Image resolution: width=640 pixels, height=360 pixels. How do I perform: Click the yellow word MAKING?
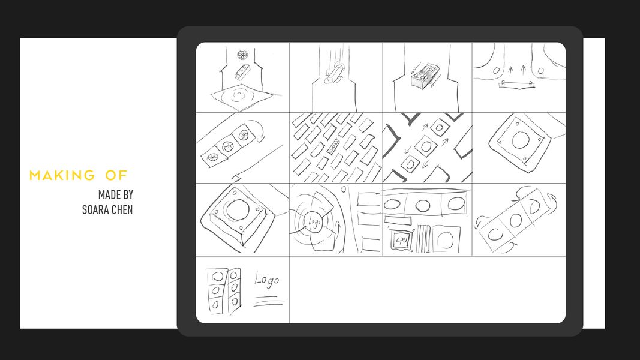[62, 176]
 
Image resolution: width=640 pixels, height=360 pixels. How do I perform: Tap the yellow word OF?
[116, 176]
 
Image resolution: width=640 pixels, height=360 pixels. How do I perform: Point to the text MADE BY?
[116, 194]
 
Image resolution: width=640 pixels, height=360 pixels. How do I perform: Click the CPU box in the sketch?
[401, 241]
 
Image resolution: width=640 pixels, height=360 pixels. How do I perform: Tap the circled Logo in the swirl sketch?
[314, 221]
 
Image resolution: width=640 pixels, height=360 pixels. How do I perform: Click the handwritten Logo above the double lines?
[266, 280]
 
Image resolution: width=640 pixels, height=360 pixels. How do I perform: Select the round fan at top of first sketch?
[242, 54]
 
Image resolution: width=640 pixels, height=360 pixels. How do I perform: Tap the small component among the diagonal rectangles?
[333, 146]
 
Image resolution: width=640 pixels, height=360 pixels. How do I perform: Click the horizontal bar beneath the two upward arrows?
[516, 84]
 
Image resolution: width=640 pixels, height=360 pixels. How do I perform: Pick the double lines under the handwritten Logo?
[269, 302]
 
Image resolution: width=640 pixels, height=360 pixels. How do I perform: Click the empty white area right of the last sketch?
[427, 289]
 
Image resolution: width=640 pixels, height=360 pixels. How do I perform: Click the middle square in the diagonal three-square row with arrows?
[426, 146]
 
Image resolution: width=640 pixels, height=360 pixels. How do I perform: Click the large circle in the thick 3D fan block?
[237, 210]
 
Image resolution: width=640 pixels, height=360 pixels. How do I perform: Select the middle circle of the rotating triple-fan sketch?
[515, 221]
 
